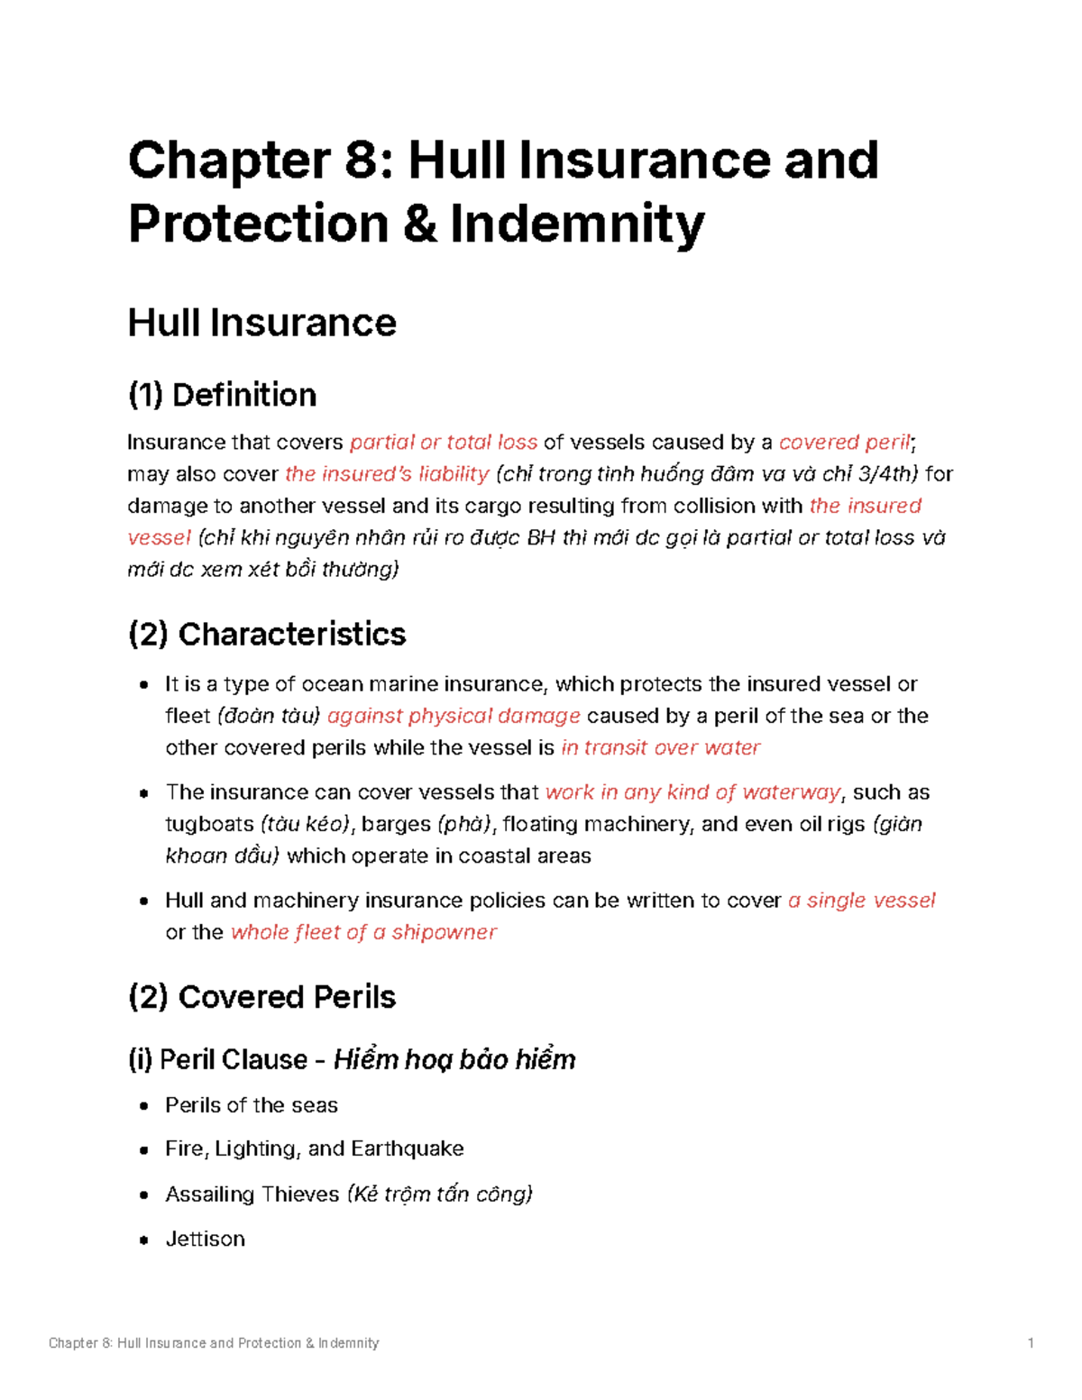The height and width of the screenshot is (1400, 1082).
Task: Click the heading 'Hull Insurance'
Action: [261, 323]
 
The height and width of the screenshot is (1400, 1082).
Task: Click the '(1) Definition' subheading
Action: [222, 395]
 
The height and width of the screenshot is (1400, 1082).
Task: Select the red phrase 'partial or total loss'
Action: [443, 443]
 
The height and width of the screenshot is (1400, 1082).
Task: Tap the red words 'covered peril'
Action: [845, 443]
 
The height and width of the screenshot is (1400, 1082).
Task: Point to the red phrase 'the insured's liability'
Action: [387, 474]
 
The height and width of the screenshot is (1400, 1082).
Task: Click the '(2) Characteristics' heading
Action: [267, 634]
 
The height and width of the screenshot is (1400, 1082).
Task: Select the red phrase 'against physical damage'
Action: [454, 716]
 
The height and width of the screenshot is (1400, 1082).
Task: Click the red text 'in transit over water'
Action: [660, 747]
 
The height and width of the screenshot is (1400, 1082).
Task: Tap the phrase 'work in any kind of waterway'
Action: [692, 792]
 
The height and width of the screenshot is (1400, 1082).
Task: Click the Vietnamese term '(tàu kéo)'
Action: [305, 824]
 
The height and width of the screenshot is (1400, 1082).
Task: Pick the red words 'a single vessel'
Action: [861, 901]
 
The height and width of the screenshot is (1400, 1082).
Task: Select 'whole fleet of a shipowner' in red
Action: [363, 932]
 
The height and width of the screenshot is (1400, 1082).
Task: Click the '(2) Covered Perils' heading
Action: [261, 997]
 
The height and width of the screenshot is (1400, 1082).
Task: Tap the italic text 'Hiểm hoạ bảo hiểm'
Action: [454, 1059]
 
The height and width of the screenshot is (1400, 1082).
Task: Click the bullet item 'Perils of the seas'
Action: [252, 1105]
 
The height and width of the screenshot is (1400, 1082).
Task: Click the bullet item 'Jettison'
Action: [206, 1239]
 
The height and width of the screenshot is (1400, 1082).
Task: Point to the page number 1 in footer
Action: [1030, 1343]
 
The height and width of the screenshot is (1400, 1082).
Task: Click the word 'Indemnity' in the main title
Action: [577, 224]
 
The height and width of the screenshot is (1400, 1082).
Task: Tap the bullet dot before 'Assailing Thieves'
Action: [143, 1195]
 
